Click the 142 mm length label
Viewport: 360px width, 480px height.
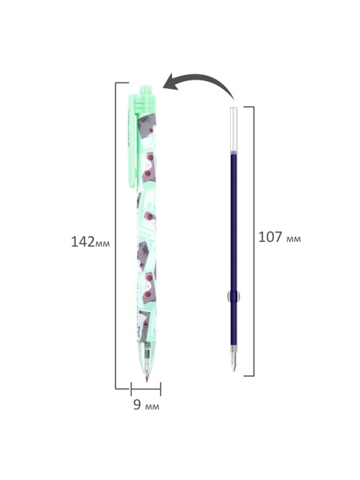click(x=90, y=242)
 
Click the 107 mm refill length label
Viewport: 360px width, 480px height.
click(x=280, y=237)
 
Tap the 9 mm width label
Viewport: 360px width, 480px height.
click(x=146, y=405)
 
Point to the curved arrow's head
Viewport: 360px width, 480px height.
click(x=171, y=83)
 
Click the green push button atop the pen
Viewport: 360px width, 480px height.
click(x=146, y=90)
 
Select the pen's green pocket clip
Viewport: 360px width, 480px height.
click(x=132, y=140)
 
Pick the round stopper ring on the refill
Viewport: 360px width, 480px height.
click(x=234, y=296)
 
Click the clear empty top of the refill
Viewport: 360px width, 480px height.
click(x=234, y=129)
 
